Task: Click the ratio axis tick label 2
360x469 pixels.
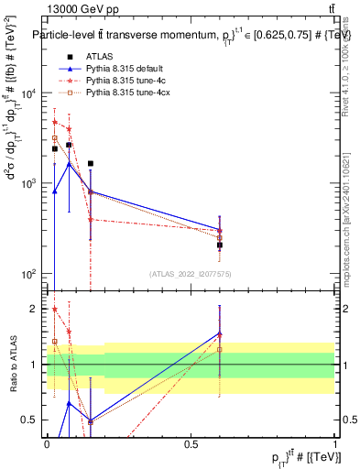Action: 35,309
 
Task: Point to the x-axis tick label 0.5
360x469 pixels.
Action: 191,442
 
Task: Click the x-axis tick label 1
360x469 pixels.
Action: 335,442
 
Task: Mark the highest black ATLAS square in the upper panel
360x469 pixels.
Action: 70,145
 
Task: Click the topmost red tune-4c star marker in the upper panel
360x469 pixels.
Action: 55,122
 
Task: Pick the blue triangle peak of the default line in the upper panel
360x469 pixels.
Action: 70,164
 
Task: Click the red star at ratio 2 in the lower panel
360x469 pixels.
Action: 55,309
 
